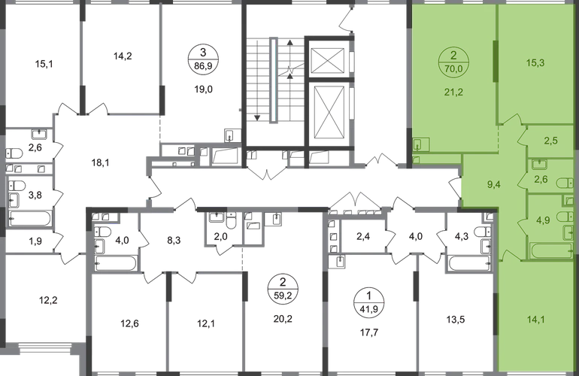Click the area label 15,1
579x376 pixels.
click(44, 64)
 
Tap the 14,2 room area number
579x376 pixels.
click(123, 56)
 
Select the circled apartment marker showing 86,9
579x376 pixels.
click(203, 59)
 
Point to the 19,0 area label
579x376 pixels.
click(204, 89)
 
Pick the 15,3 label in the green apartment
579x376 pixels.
click(535, 62)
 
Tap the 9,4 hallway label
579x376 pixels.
click(494, 185)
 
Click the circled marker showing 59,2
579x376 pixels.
click(283, 290)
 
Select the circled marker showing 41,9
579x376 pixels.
click(369, 302)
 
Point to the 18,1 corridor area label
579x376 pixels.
click(100, 162)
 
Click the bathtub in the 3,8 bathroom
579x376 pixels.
click(30, 218)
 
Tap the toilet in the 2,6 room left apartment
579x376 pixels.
click(14, 153)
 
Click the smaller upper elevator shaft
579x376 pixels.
click(328, 59)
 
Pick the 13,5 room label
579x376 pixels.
click(455, 320)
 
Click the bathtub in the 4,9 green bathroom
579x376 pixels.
click(551, 250)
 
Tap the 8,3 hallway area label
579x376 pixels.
click(174, 241)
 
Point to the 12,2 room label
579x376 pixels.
click(48, 300)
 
